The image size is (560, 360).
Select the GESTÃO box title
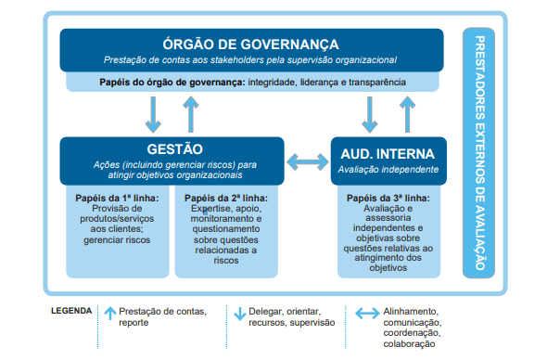tap(174, 148)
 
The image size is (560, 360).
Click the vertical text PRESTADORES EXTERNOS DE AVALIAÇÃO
tap(479, 152)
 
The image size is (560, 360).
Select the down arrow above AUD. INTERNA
tap(369, 113)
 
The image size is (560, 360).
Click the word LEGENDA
tap(71, 311)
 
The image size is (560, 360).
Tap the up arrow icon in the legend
tap(110, 314)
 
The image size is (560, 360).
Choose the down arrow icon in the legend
tap(239, 314)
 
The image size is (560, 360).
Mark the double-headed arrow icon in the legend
tap(366, 314)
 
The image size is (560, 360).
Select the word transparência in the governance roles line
tap(375, 82)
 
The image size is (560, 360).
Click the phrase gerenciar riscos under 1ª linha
tap(117, 238)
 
